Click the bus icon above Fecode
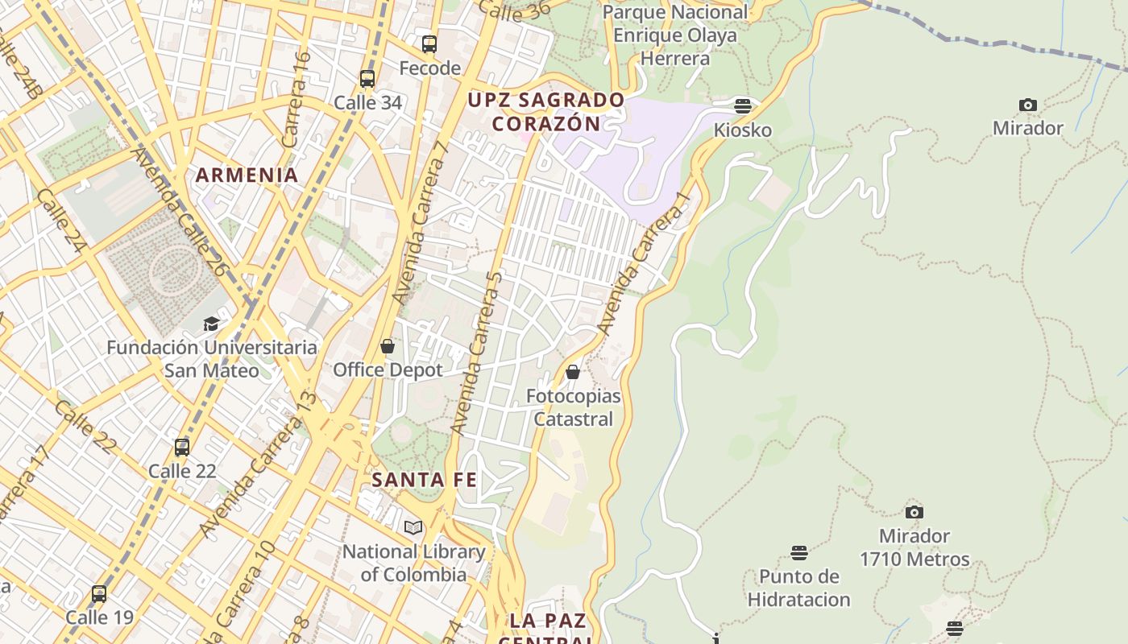coord(429,44)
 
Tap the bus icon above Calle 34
coord(367,79)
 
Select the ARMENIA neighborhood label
coord(247,175)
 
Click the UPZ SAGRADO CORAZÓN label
coord(546,112)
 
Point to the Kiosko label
coord(742,130)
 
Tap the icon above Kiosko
coord(742,105)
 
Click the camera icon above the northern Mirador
coord(1027,105)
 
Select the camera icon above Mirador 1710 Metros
coord(914,512)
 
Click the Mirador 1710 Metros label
coord(914,547)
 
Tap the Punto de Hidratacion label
coord(798,588)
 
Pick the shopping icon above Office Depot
coord(388,346)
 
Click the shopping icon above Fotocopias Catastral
coord(573,372)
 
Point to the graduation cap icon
coord(211,324)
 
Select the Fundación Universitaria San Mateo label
coord(212,359)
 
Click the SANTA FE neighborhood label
coord(424,480)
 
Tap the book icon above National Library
coord(413,527)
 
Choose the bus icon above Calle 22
coord(182,447)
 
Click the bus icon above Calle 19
coord(99,594)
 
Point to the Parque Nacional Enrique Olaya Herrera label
coord(675,35)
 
